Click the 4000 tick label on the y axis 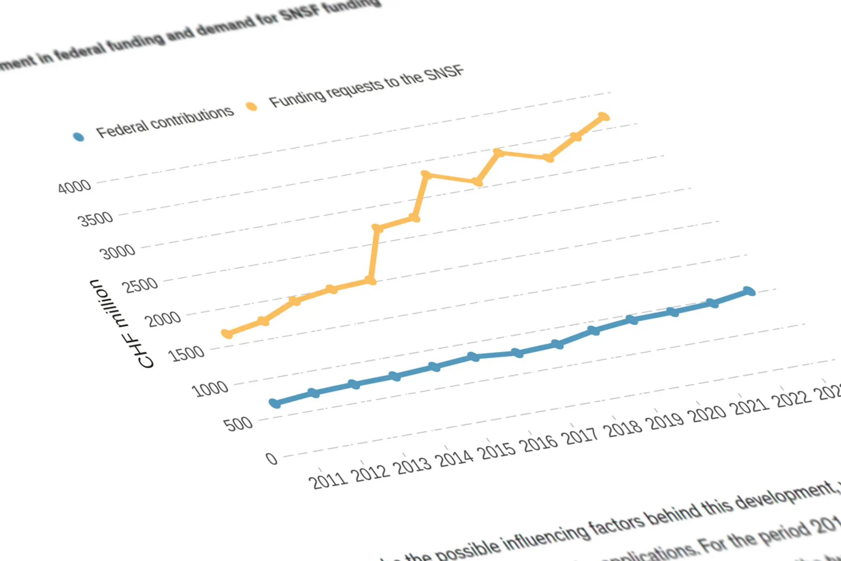tap(74, 186)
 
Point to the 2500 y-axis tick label tap(140, 285)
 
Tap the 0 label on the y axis tap(272, 458)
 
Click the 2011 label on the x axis tap(328, 480)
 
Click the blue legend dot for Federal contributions tap(79, 137)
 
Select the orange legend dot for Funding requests tap(251, 106)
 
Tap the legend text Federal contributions tap(165, 122)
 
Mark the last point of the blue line tap(749, 291)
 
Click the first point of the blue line tap(275, 403)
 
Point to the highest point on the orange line tap(603, 117)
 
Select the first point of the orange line tap(227, 334)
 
